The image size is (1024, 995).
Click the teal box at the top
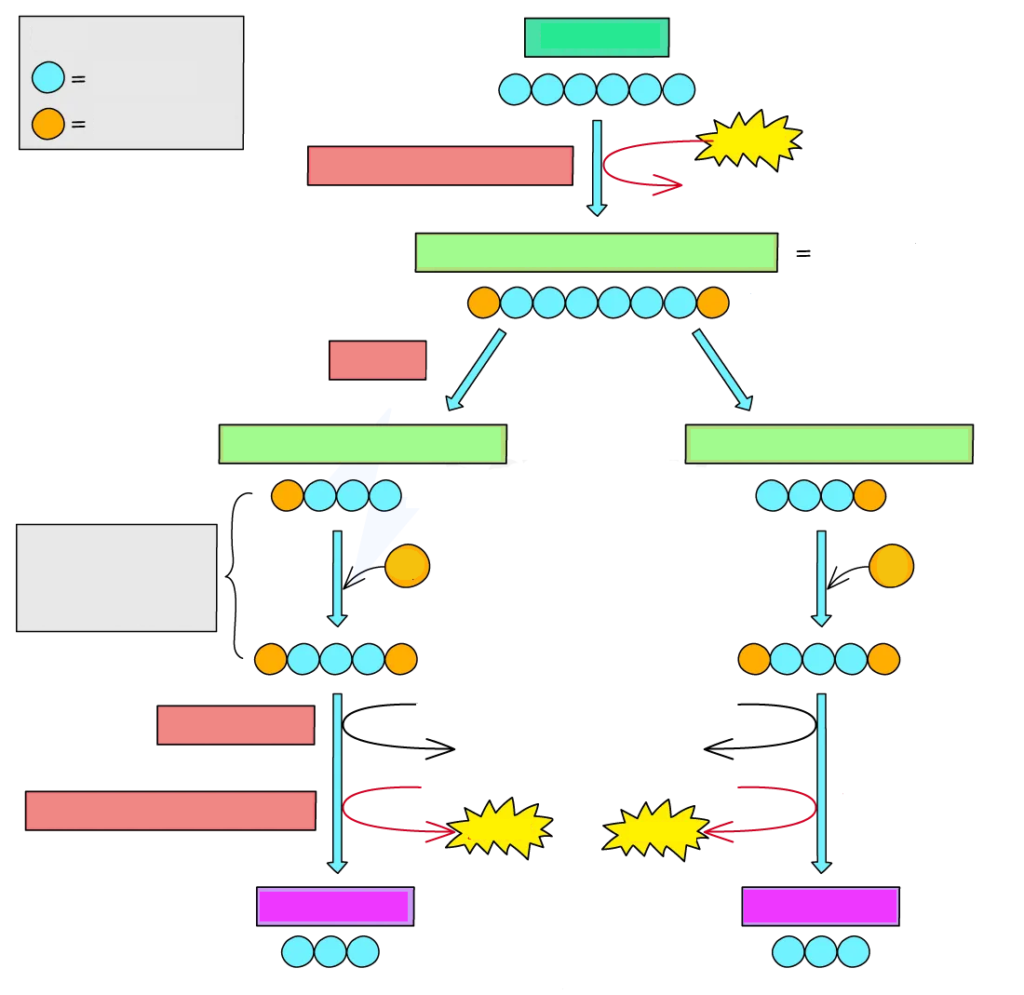[x=597, y=37]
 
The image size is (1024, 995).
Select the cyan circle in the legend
[x=48, y=77]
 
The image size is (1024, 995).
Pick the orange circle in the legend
[x=48, y=124]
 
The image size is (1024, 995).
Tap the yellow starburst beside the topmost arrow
[x=749, y=140]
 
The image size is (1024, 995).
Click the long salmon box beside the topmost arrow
[x=439, y=166]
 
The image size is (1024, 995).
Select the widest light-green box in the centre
[x=596, y=252]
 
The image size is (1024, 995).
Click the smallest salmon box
[x=377, y=360]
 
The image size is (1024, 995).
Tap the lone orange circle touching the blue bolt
[x=408, y=566]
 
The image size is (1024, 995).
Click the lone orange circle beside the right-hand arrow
[x=891, y=566]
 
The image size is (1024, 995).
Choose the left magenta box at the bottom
[x=335, y=906]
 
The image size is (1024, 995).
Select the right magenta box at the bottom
[x=820, y=906]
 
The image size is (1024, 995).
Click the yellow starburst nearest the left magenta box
[x=501, y=827]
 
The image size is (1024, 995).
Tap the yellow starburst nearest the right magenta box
[x=655, y=828]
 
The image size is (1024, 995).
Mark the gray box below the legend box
[x=116, y=577]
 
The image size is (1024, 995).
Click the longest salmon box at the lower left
[x=170, y=810]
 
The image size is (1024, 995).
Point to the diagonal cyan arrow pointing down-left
[x=476, y=370]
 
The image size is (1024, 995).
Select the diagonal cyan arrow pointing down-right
[x=722, y=370]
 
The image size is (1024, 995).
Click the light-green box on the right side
[x=829, y=444]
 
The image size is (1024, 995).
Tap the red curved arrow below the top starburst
[x=642, y=168]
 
